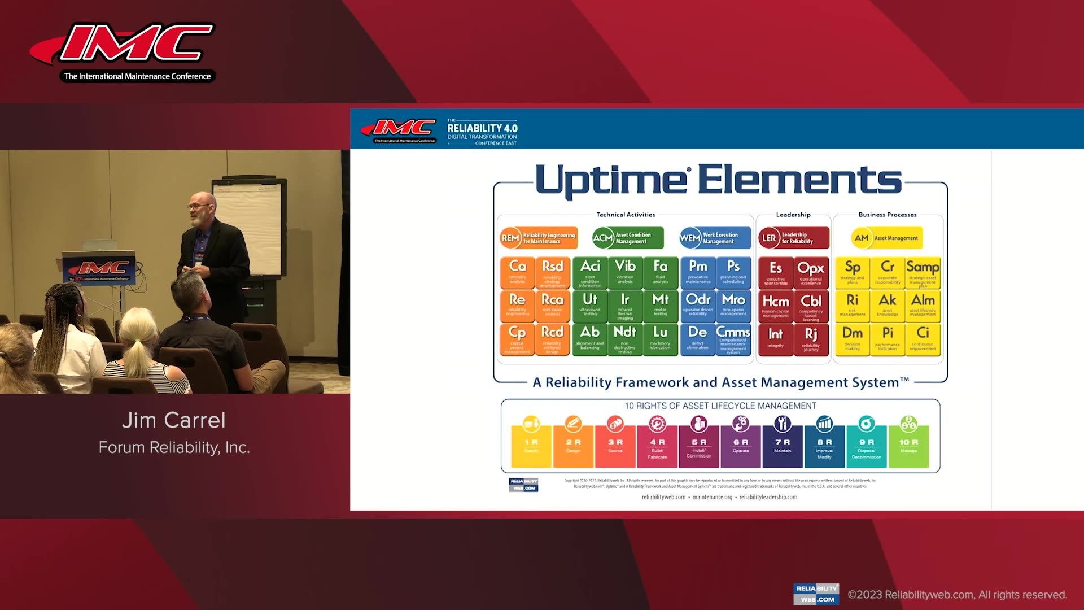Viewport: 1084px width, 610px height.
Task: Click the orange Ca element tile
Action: tap(517, 273)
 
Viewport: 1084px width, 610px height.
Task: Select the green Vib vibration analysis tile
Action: tap(625, 273)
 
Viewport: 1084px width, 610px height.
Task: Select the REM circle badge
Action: tap(510, 238)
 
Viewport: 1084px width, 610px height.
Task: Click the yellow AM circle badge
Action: tap(862, 238)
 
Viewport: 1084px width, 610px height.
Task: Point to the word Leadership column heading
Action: tap(793, 215)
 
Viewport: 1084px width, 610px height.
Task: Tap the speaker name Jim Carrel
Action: tap(174, 420)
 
